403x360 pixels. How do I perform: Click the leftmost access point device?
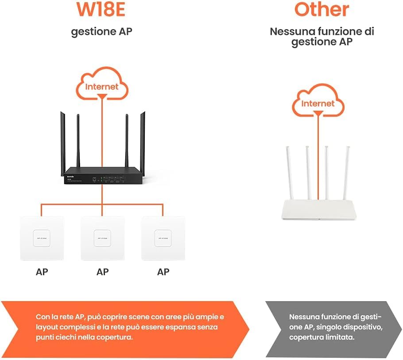click(42, 238)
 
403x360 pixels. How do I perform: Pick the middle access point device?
click(102, 238)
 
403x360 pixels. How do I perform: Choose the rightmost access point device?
click(163, 238)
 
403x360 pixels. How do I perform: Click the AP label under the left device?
click(42, 271)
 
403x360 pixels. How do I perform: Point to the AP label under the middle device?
click(102, 271)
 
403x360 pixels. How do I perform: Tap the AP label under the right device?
click(163, 271)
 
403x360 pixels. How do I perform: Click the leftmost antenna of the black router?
click(62, 139)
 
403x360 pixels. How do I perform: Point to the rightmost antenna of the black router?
click(143, 139)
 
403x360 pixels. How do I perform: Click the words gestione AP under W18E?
click(101, 32)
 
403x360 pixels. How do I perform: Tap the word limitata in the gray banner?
click(342, 337)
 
